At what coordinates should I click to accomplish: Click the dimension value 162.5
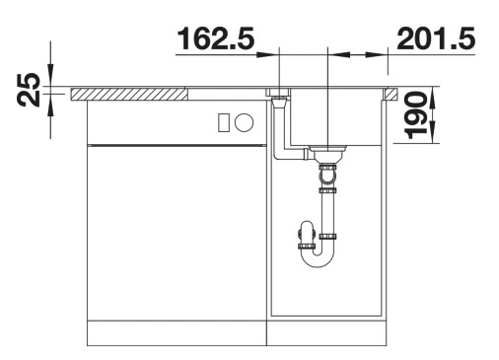tap(216, 38)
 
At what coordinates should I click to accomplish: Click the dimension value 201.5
tap(436, 38)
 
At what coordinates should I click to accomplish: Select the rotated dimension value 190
tap(415, 115)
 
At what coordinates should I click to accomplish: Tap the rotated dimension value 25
tap(29, 90)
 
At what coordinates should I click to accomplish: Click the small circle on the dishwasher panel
tap(244, 122)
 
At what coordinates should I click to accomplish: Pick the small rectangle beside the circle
tap(224, 122)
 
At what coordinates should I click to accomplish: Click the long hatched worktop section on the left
tap(128, 95)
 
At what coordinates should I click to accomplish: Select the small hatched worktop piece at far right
tap(392, 94)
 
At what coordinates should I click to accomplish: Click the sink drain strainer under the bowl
tap(328, 153)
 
